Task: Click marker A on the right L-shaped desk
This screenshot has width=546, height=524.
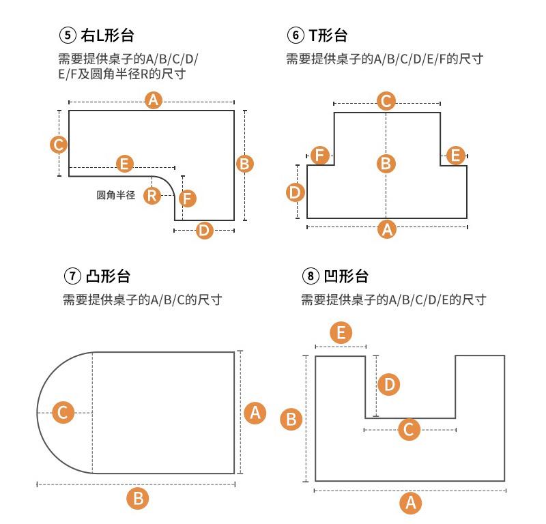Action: point(154,101)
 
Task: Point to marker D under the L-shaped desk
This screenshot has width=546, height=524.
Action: point(204,230)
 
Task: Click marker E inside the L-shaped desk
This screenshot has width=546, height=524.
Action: point(124,164)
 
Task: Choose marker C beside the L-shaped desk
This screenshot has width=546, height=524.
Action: point(59,145)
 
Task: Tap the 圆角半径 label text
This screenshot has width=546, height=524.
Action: point(116,195)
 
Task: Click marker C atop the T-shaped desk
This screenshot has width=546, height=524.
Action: point(386,102)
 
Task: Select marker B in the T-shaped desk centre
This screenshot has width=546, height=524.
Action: point(386,164)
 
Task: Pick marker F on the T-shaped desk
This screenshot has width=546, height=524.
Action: point(319,155)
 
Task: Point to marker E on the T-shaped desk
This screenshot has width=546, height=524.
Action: point(455,155)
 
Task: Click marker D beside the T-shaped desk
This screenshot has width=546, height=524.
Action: point(294,192)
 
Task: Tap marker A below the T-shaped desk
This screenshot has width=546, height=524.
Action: point(387,229)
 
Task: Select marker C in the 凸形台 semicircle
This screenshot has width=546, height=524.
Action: point(63,413)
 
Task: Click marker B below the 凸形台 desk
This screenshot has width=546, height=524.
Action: point(138,498)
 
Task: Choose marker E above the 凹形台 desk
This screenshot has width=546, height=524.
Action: point(341,333)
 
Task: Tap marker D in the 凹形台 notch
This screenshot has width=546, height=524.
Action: point(388,384)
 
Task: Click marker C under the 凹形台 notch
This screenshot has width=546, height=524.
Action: point(409,429)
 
